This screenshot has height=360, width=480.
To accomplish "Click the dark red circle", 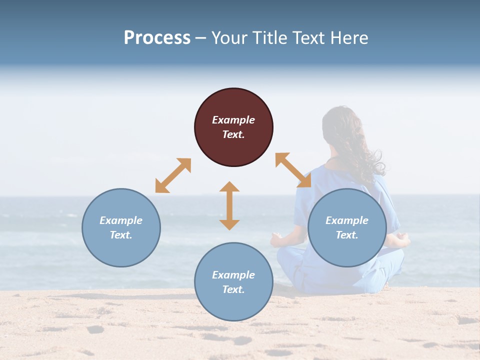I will [x=233, y=127].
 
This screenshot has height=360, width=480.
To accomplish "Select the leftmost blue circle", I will [x=121, y=227].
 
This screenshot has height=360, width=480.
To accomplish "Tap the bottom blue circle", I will [x=233, y=281].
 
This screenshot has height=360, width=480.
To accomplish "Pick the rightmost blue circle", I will [x=347, y=227].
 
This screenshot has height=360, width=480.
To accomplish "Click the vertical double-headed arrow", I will [x=229, y=205].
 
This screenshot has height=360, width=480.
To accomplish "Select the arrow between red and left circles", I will [x=173, y=175].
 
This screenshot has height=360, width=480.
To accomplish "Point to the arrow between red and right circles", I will [x=293, y=170].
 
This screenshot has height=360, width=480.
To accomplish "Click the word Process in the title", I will [x=157, y=37].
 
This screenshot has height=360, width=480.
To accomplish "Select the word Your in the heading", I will [x=230, y=37].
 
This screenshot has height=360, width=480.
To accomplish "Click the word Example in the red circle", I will [x=233, y=120].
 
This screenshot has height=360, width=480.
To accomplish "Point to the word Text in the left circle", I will [x=121, y=235].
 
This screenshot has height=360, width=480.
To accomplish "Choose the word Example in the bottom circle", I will [x=233, y=274].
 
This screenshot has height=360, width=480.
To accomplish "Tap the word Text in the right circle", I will [x=347, y=235].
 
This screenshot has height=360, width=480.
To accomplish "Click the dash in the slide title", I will [x=200, y=37].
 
